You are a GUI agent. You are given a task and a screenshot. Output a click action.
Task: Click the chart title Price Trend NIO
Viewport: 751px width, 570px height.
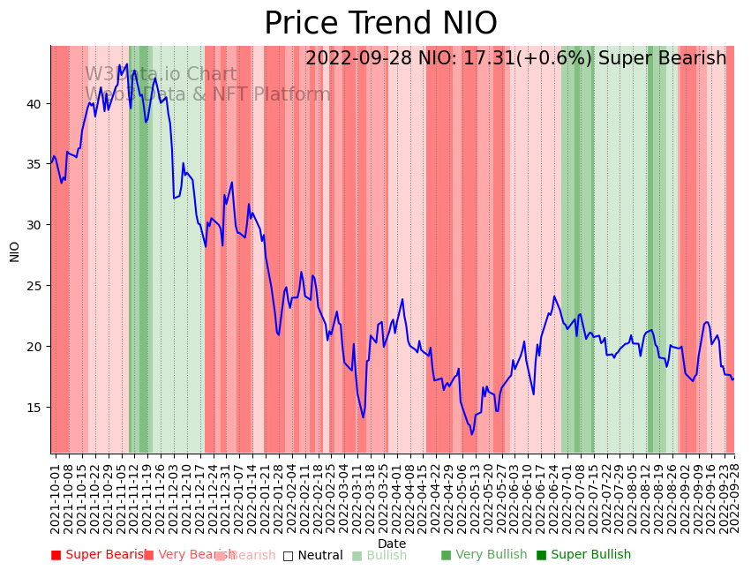coord(380,24)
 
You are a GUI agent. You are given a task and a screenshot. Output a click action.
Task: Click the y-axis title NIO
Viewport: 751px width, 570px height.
coord(15,251)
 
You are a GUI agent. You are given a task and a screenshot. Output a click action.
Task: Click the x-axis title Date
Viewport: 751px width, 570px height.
coord(392,544)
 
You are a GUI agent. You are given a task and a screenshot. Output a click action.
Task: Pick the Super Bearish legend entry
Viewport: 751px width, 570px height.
coord(99,555)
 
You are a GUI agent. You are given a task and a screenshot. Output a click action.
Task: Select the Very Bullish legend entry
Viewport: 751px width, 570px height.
coord(484,555)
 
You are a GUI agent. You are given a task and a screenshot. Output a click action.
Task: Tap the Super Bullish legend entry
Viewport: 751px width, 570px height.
coord(583,555)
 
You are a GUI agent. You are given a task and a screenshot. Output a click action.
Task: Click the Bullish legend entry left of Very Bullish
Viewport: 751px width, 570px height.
coord(379,555)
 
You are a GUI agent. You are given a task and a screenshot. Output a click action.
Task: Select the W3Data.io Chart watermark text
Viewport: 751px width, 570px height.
coord(161,75)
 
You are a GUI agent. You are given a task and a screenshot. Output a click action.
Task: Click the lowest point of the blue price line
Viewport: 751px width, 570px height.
coord(472,434)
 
